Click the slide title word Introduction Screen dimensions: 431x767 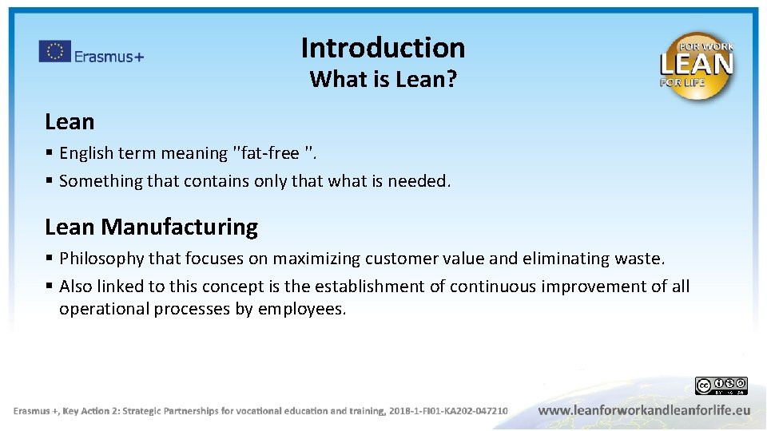pos(383,48)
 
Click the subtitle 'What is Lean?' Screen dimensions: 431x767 pos(383,79)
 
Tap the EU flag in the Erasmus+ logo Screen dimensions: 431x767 pos(55,52)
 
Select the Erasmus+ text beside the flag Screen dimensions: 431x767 pos(109,56)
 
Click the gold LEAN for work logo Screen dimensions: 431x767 pos(696,65)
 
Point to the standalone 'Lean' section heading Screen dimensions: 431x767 pos(70,122)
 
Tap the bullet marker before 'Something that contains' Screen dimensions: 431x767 pos(50,181)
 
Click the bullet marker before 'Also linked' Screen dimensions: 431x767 pos(50,286)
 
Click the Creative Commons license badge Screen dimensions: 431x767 pos(721,386)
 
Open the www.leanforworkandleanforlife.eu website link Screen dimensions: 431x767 pos(644,410)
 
